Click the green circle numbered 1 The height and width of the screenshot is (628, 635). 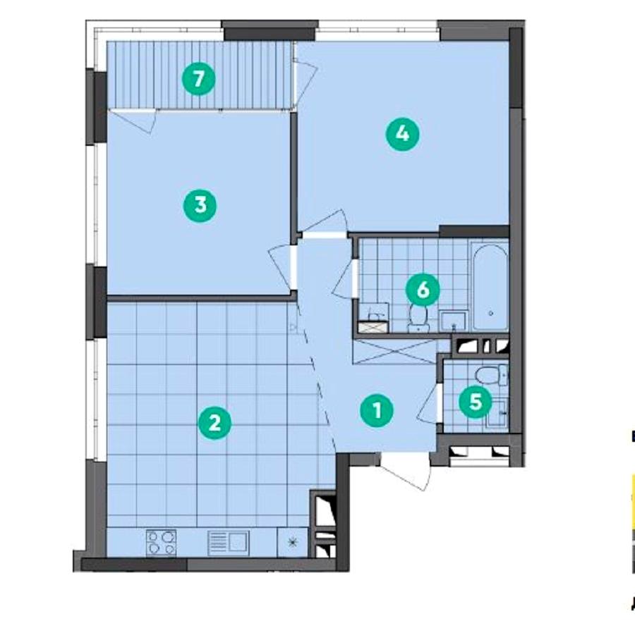click(377, 410)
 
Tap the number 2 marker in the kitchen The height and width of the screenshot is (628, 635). click(214, 424)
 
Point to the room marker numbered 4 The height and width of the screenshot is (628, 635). click(402, 133)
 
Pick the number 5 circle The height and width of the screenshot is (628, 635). click(476, 402)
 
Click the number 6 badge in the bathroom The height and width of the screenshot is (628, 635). click(423, 290)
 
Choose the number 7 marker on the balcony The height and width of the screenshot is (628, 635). click(198, 78)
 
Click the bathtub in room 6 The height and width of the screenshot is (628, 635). click(490, 288)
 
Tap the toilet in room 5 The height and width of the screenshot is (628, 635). click(491, 375)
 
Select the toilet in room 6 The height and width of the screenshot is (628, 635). click(418, 318)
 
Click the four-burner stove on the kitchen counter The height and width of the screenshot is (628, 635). click(161, 542)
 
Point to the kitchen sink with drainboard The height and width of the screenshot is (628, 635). click(229, 543)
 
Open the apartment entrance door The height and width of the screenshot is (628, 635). click(405, 470)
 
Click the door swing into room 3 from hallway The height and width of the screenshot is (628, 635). click(282, 266)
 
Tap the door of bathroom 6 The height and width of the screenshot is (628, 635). click(344, 279)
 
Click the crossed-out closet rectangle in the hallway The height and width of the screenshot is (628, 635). click(396, 352)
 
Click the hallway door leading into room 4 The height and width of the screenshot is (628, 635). click(325, 223)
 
